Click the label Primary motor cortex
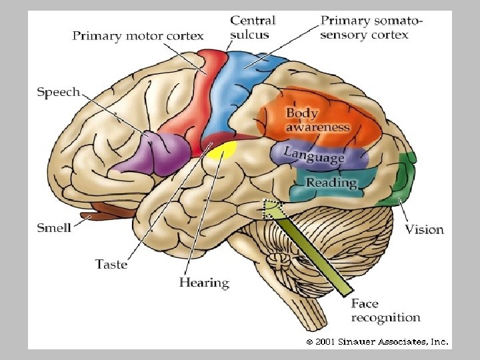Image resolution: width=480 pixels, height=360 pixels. [138, 36]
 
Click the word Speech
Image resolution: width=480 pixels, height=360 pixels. [58, 92]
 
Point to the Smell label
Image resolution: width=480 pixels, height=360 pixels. [54, 228]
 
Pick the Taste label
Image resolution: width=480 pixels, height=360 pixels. [111, 264]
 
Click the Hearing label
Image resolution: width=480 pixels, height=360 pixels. [204, 283]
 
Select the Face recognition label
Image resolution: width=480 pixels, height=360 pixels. [385, 311]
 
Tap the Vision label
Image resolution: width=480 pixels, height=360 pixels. [425, 229]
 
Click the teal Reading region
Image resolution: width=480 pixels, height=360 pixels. [331, 183]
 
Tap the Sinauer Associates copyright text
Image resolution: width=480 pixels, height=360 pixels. [377, 341]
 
